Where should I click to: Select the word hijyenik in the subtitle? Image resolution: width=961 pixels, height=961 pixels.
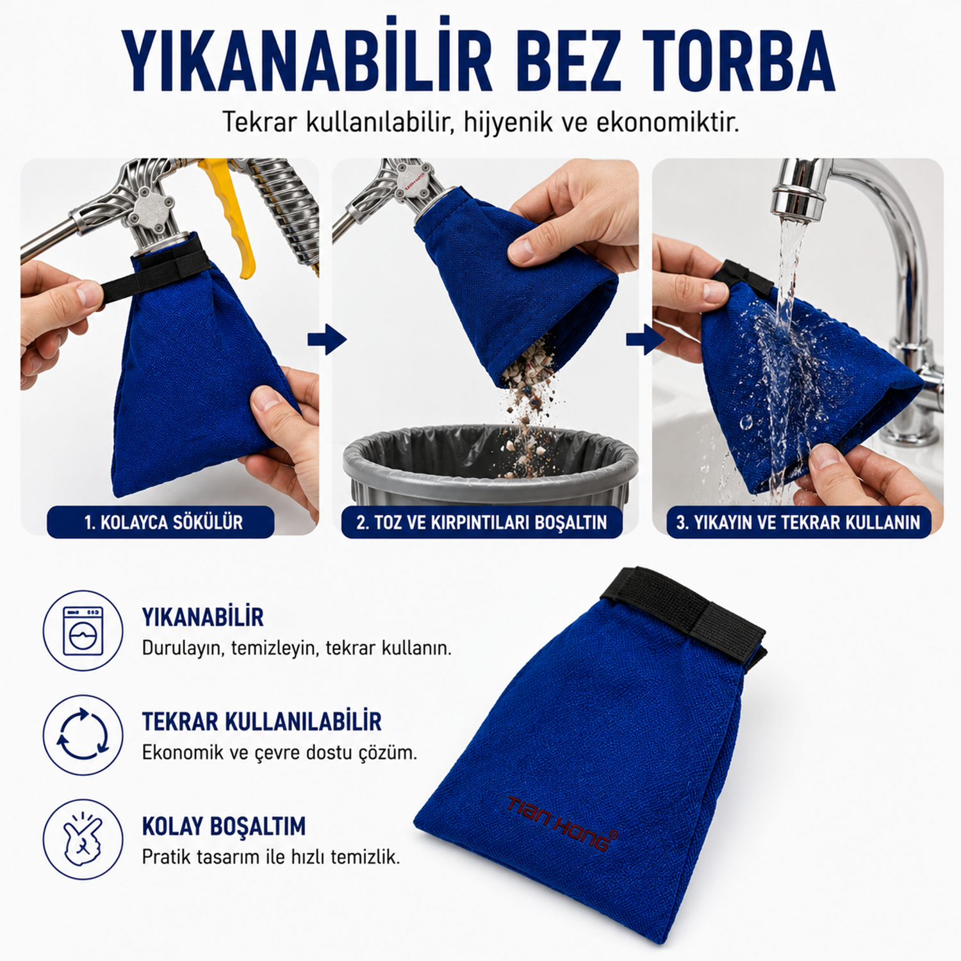click(x=508, y=122)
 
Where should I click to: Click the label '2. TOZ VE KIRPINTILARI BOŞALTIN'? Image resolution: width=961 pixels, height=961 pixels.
click(x=482, y=523)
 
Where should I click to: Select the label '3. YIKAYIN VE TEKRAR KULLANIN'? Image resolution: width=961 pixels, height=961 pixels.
click(x=798, y=523)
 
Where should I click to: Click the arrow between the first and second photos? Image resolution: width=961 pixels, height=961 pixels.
click(x=327, y=339)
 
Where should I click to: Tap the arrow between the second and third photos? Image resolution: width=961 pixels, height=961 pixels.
click(x=646, y=339)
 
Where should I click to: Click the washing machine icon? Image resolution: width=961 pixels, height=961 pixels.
click(x=83, y=631)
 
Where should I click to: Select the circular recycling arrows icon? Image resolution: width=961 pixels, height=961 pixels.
click(x=83, y=735)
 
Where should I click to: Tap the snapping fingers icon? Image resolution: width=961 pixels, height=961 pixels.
click(x=83, y=839)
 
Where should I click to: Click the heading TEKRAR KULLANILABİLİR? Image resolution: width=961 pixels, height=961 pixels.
click(x=261, y=721)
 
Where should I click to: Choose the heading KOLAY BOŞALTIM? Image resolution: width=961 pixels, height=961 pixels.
click(x=224, y=826)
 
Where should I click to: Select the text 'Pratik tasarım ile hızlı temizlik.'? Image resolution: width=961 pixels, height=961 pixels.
click(x=271, y=857)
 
